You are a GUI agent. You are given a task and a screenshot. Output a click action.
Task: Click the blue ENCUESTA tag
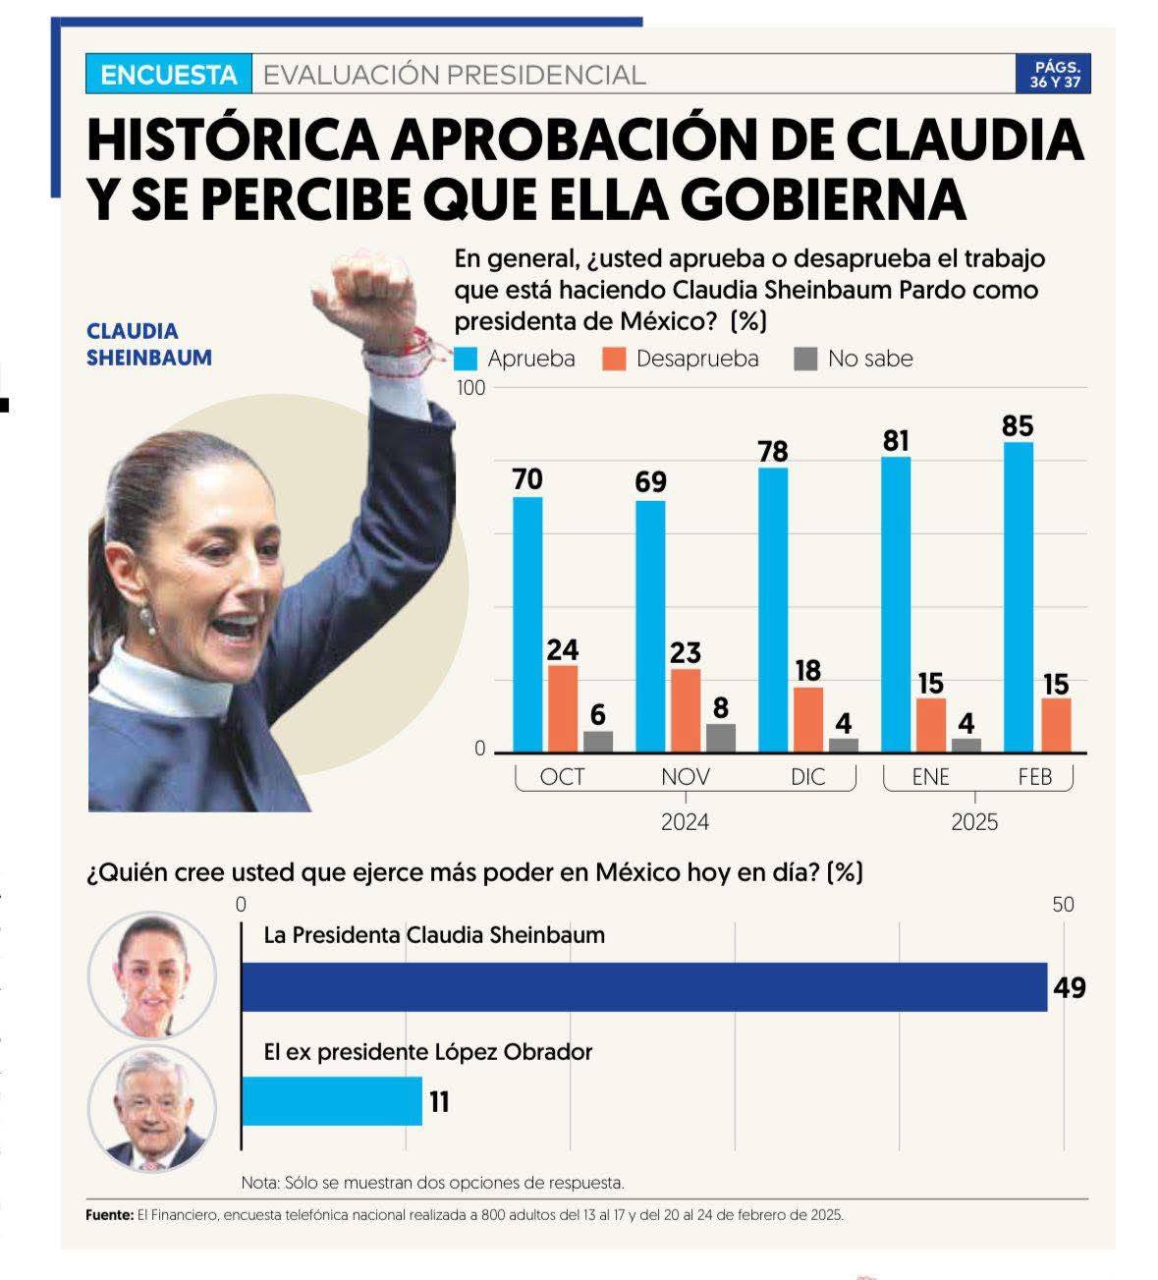pyautogui.click(x=169, y=75)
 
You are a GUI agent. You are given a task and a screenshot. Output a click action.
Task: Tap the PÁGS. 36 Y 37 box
pyautogui.click(x=1054, y=75)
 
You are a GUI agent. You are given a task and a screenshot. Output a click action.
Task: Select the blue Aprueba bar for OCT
pyautogui.click(x=527, y=624)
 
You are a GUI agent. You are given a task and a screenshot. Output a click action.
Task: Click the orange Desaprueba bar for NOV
pyautogui.click(x=686, y=710)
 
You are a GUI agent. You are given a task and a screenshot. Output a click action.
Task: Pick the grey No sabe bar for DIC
pyautogui.click(x=843, y=745)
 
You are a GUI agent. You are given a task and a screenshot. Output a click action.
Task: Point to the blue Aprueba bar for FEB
pyautogui.click(x=1019, y=596)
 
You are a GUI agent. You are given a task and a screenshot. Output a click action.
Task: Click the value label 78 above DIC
pyautogui.click(x=773, y=451)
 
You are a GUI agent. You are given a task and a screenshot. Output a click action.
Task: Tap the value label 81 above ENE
pyautogui.click(x=896, y=441)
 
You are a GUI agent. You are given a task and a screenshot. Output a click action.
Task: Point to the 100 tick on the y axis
pyautogui.click(x=471, y=387)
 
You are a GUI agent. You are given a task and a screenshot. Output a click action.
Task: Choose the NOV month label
pyautogui.click(x=685, y=777)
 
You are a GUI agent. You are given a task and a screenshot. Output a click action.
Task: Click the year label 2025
pyautogui.click(x=974, y=822)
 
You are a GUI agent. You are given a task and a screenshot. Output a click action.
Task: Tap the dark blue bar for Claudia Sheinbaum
pyautogui.click(x=644, y=986)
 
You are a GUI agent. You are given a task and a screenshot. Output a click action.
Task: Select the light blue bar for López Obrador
pyautogui.click(x=332, y=1101)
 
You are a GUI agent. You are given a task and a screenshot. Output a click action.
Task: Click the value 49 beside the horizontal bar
pyautogui.click(x=1070, y=987)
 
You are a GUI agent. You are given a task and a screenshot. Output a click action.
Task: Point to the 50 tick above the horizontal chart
pyautogui.click(x=1063, y=904)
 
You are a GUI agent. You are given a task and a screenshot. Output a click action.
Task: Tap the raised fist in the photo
pyautogui.click(x=374, y=295)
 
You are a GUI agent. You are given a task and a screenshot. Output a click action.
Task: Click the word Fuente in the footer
pyautogui.click(x=109, y=1215)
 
